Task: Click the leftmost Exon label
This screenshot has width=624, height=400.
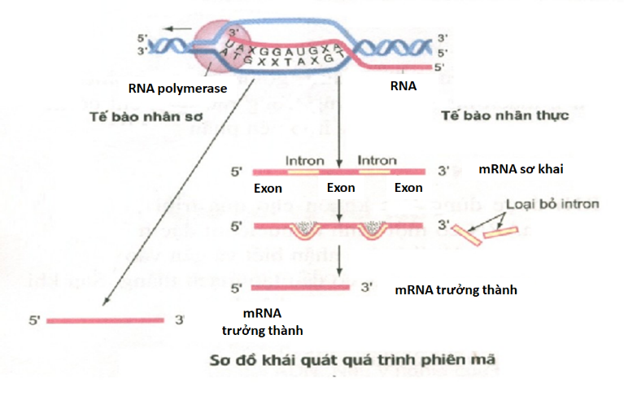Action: coord(268,188)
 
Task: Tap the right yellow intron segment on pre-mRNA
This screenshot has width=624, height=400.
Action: coord(376,172)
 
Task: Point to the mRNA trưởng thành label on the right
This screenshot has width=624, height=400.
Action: coord(456,289)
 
